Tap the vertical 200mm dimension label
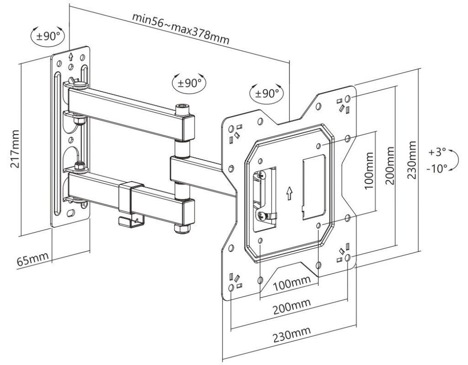click(390, 165)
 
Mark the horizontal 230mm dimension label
click(291, 335)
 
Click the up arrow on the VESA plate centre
click(288, 194)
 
